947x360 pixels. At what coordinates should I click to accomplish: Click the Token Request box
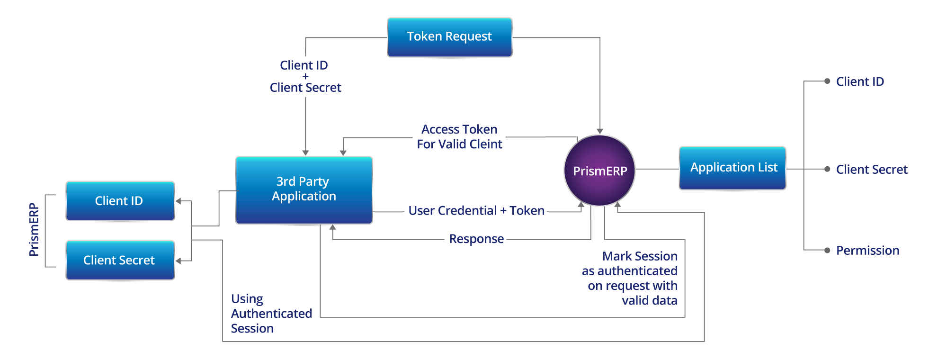pos(449,37)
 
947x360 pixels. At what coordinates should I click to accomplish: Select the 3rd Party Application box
pos(304,189)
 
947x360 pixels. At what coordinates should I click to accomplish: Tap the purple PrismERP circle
pos(599,171)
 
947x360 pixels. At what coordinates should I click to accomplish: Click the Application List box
pos(733,168)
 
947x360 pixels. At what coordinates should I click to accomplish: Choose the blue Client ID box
pos(120,201)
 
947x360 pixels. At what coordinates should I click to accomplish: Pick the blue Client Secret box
pos(120,260)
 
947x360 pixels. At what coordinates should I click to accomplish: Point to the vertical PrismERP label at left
pos(34,229)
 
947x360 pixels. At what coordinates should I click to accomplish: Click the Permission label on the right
pos(867,250)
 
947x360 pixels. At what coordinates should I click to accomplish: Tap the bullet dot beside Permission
pos(827,250)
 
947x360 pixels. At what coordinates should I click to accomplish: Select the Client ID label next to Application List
pos(860,81)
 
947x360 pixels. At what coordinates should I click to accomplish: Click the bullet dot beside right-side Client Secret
pos(827,169)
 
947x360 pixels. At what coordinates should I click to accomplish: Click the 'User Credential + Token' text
pos(476,211)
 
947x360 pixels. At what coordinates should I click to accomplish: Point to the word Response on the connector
pos(476,239)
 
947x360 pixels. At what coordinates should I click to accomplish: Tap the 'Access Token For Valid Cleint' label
pos(459,137)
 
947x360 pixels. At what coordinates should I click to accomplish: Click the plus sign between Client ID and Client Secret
pos(305,76)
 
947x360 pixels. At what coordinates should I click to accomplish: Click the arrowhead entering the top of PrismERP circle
pos(600,131)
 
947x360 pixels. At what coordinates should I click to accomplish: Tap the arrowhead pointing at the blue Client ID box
pos(178,201)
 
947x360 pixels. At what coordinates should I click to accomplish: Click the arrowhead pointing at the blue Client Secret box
pos(178,261)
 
